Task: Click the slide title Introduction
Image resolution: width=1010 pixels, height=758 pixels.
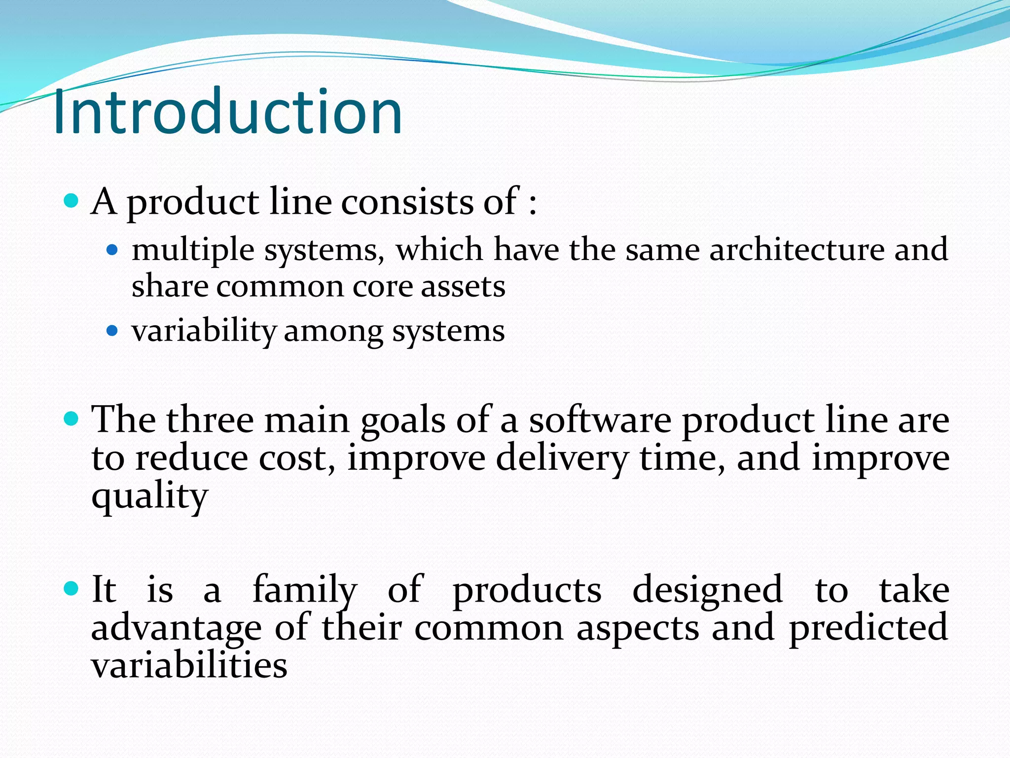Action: pos(228,112)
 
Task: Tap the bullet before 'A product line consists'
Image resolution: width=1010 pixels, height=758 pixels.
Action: pos(72,201)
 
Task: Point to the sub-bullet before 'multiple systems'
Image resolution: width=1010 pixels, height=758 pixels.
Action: pos(112,250)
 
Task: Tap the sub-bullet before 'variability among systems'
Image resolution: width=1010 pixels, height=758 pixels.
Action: pos(112,330)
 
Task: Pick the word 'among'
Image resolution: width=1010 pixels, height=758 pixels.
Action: pos(333,332)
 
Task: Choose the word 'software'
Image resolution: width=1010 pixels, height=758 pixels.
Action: pos(600,420)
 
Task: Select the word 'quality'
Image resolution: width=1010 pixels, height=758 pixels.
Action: pos(149,497)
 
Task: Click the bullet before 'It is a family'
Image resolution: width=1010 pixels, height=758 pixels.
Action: pos(72,589)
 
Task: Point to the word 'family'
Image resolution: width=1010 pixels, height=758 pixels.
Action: pos(304,590)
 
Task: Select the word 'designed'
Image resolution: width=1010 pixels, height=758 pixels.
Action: pos(707,590)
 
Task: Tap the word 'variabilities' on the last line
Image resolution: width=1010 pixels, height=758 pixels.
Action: pos(189,665)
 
